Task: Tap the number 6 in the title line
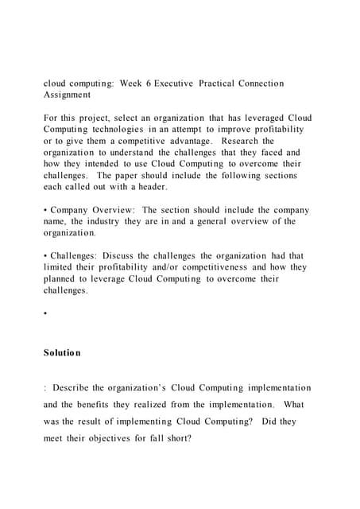coord(155,84)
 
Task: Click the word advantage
coord(189,141)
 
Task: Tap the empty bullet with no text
coord(46,314)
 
